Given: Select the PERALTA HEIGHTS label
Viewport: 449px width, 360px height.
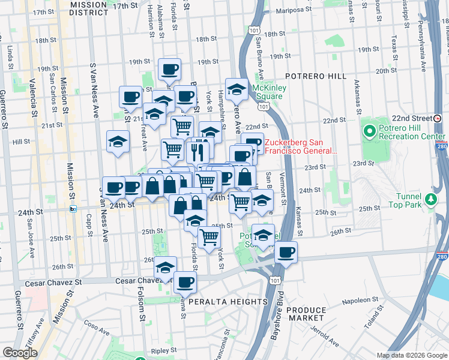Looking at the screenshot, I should tap(228, 302).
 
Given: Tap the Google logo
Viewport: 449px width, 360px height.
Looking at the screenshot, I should tap(20, 352).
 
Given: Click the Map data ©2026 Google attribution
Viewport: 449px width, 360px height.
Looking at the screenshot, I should tap(412, 355).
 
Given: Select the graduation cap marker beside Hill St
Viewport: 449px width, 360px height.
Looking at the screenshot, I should tap(118, 141).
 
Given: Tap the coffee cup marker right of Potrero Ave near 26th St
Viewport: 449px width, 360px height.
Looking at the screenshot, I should tap(286, 251).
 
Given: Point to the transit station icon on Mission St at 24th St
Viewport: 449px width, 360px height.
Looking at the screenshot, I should tap(73, 209).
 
